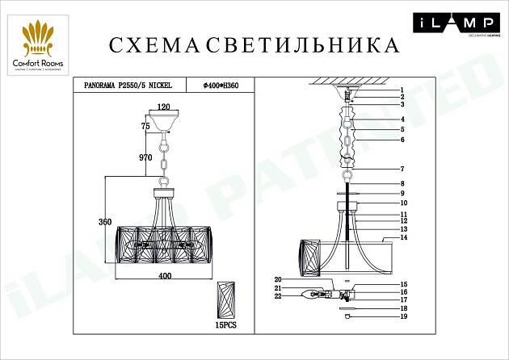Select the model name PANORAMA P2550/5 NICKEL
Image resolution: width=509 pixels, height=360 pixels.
(128, 83)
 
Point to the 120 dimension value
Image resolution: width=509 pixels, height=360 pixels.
(165, 107)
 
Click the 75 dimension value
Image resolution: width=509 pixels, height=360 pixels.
(145, 127)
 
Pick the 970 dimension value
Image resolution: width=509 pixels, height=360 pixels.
(145, 158)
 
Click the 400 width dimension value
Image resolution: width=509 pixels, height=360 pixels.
(165, 276)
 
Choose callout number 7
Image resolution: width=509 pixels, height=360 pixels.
(401, 169)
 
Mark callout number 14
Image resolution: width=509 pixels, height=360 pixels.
(402, 237)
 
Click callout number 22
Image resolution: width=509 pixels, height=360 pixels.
(277, 297)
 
